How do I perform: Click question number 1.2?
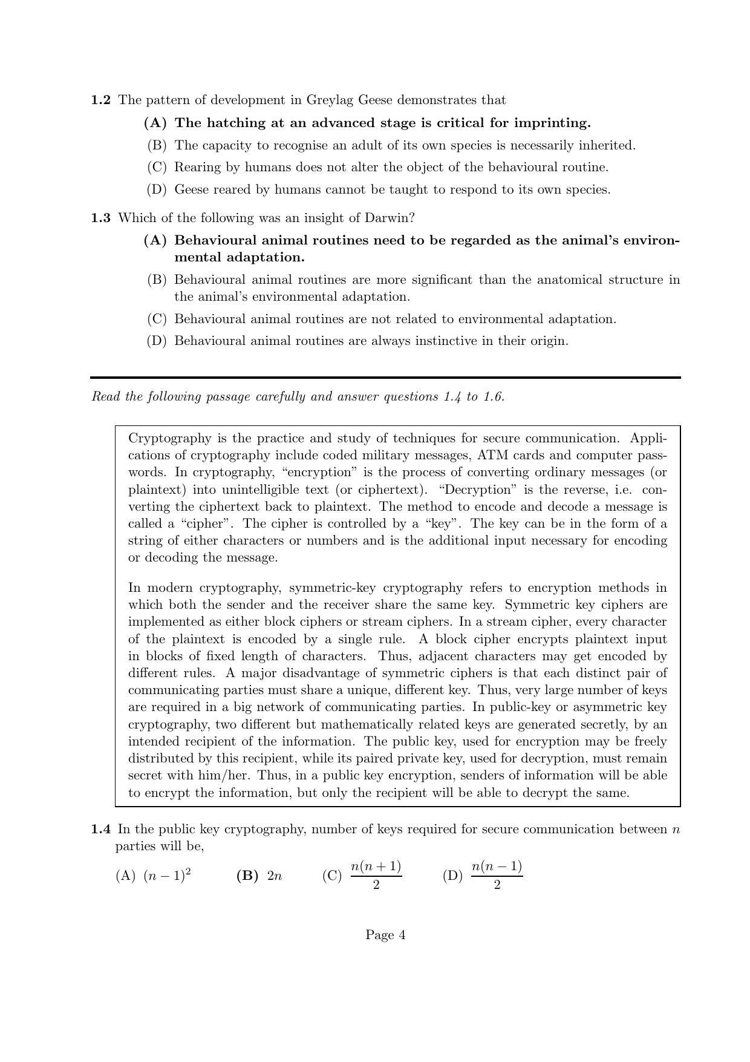click(100, 100)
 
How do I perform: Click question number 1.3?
click(100, 217)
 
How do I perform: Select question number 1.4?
click(100, 829)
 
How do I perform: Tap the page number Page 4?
click(385, 935)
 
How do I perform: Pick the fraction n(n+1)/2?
click(376, 875)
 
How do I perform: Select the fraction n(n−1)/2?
click(497, 875)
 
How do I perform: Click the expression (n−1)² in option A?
click(168, 875)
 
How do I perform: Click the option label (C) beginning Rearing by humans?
click(157, 167)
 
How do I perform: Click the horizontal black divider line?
click(385, 378)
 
